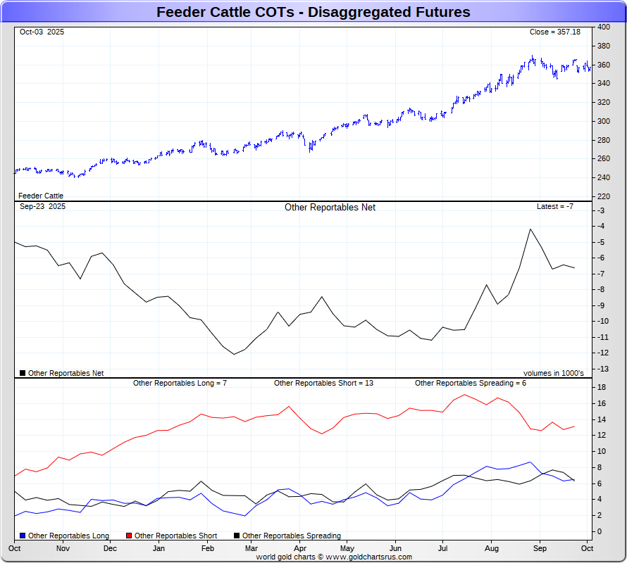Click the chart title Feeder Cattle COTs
(x=313, y=12)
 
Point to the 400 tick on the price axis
(x=604, y=27)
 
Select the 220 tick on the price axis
(x=604, y=196)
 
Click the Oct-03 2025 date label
(x=42, y=32)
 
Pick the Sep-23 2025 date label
(x=42, y=207)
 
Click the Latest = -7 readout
(x=555, y=207)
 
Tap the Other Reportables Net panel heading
(x=330, y=208)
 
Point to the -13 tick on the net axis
(x=604, y=369)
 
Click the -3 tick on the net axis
(x=602, y=210)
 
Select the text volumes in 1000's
(x=553, y=374)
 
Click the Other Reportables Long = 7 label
(x=180, y=384)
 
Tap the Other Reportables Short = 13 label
(x=323, y=384)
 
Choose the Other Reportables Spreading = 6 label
(x=470, y=384)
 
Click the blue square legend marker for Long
(x=23, y=536)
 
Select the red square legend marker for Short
(x=130, y=536)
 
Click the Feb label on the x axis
(x=208, y=548)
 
